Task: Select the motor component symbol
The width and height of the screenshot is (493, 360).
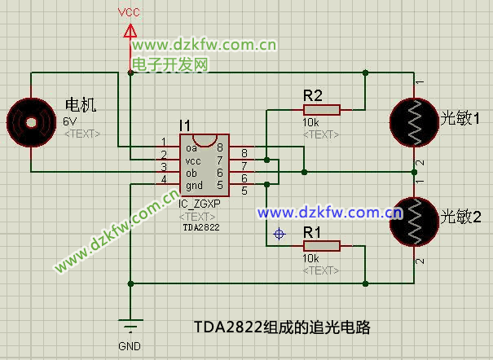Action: coord(31,122)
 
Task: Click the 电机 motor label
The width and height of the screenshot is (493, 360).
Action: coord(80,105)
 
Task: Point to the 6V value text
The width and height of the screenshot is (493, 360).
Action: coord(69,121)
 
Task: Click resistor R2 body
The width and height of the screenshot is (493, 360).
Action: coord(322,109)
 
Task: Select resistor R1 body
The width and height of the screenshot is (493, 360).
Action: coord(322,245)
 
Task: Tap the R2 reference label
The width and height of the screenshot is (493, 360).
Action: coord(313,94)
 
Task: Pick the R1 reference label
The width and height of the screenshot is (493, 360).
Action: coord(313,232)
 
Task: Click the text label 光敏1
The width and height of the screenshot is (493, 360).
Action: coord(460,119)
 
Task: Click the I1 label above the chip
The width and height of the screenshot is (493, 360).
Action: coord(185,125)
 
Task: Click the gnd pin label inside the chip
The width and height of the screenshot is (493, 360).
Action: coord(194,186)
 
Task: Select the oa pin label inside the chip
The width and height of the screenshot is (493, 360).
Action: coord(191,148)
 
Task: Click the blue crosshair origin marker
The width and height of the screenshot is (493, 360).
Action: coord(280,235)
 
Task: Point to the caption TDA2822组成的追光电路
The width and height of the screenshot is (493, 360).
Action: coord(282,327)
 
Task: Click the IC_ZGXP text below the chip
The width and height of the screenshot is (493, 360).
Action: coord(200,206)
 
